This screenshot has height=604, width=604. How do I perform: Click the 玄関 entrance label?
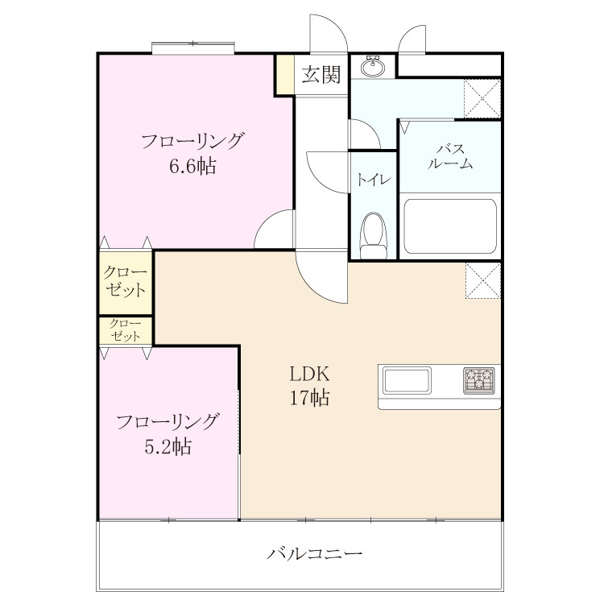pyautogui.click(x=321, y=74)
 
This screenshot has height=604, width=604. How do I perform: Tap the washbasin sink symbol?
pyautogui.click(x=372, y=67)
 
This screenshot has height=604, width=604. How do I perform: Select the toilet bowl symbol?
pyautogui.click(x=373, y=235)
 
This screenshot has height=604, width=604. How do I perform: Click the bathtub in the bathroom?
pyautogui.click(x=450, y=226)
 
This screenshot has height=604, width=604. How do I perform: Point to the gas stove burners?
pyautogui.click(x=479, y=381)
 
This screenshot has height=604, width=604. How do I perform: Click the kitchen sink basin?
pyautogui.click(x=407, y=381)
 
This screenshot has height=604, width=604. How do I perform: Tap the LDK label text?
pyautogui.click(x=310, y=374)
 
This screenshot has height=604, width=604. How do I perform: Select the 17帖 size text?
pyautogui.click(x=310, y=398)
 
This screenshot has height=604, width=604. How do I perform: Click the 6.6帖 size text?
pyautogui.click(x=192, y=167)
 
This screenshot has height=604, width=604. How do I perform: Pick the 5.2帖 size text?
pyautogui.click(x=168, y=447)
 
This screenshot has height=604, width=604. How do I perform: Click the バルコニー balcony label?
pyautogui.click(x=315, y=554)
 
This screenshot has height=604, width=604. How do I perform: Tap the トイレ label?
pyautogui.click(x=373, y=180)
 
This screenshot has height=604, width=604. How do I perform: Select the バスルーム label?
pyautogui.click(x=450, y=156)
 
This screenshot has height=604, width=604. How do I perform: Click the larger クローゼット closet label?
pyautogui.click(x=125, y=281)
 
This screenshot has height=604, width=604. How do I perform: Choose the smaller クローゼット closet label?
pyautogui.click(x=125, y=330)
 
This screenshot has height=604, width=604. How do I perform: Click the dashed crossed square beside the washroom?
pyautogui.click(x=482, y=98)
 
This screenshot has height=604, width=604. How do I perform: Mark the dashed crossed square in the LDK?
pyautogui.click(x=483, y=280)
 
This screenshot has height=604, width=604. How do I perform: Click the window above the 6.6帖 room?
pyautogui.click(x=193, y=48)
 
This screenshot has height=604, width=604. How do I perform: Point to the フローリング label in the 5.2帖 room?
pyautogui.click(x=168, y=422)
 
